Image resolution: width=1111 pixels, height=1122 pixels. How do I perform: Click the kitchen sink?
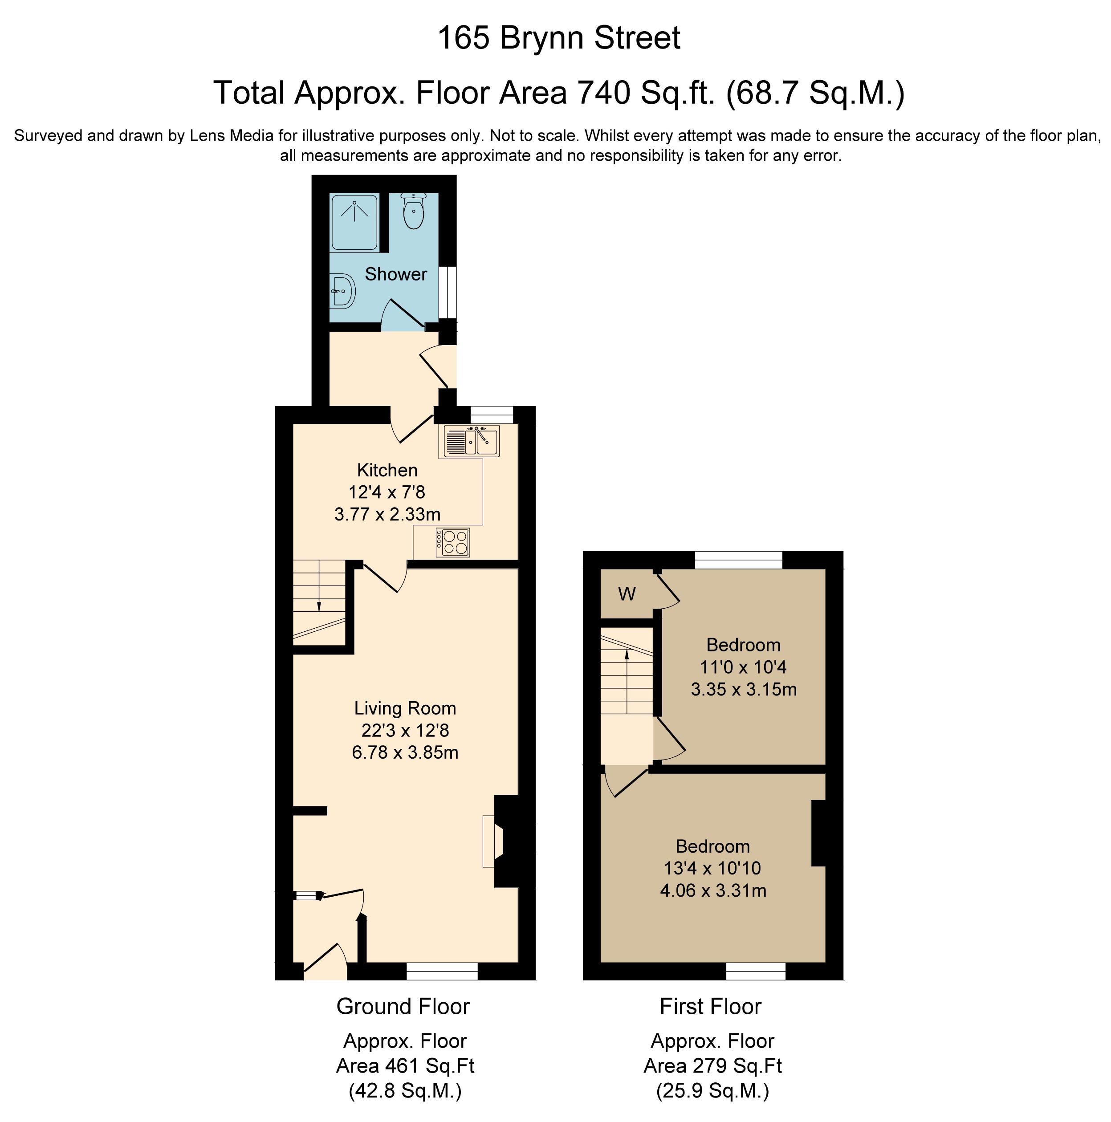(472, 441)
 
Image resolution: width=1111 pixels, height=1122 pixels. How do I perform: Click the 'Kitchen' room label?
(387, 470)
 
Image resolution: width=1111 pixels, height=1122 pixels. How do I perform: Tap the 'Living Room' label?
(405, 708)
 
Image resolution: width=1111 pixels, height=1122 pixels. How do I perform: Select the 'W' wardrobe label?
(627, 594)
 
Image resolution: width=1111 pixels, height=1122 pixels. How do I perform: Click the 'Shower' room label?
(395, 274)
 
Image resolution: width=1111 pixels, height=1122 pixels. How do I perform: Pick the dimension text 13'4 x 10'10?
(712, 868)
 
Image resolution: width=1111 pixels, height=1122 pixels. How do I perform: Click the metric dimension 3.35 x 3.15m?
(743, 689)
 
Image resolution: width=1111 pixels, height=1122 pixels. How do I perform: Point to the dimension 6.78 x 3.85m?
(405, 752)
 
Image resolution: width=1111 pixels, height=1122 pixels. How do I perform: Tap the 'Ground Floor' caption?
(403, 1006)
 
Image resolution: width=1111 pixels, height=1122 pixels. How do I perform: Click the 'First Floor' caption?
(710, 1006)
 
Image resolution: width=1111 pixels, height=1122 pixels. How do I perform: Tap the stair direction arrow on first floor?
(627, 654)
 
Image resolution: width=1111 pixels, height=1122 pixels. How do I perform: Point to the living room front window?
(442, 972)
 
